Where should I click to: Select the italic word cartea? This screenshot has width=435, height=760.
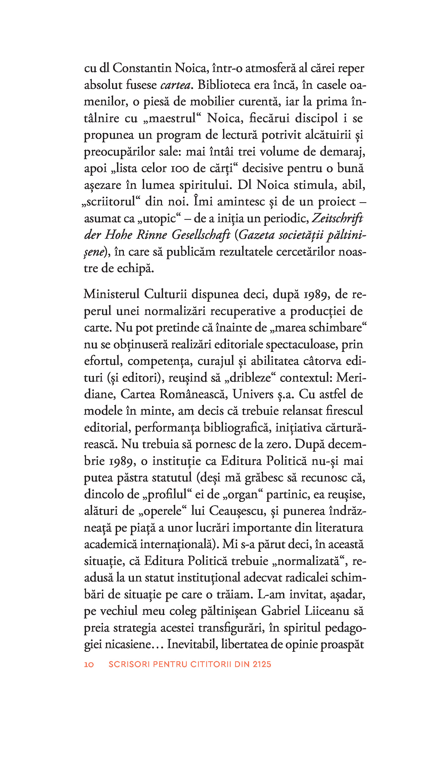tap(176, 85)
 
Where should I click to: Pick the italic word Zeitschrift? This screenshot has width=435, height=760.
tap(337, 219)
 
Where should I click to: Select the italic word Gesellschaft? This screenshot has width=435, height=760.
tap(201, 235)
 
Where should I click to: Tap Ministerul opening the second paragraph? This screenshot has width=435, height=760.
tap(112, 294)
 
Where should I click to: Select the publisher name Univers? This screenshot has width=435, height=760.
tap(253, 395)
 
